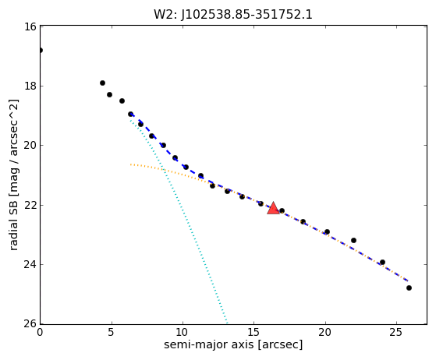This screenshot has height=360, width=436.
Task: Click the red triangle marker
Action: (273, 208)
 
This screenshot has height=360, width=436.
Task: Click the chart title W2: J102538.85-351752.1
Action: (233, 15)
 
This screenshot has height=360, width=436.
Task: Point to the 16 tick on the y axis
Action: (30, 26)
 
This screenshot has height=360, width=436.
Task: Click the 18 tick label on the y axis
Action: (30, 86)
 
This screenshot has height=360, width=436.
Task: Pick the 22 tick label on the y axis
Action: (30, 205)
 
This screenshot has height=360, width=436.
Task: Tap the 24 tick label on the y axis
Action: (30, 264)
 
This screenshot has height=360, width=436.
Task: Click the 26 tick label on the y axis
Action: (30, 324)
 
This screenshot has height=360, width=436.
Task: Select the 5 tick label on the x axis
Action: (112, 332)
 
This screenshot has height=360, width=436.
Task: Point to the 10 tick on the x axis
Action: (183, 332)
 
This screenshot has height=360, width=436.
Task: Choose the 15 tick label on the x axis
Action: (253, 332)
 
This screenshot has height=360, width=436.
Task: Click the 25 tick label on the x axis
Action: (396, 332)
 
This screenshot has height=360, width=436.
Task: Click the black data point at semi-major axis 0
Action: (41, 51)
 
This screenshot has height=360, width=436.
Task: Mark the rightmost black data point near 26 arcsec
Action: (409, 288)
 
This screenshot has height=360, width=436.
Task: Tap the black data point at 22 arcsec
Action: (353, 240)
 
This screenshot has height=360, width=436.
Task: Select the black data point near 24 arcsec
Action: (383, 263)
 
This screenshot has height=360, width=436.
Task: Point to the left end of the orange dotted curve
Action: (130, 164)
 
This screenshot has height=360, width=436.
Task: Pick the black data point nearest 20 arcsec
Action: (328, 232)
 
